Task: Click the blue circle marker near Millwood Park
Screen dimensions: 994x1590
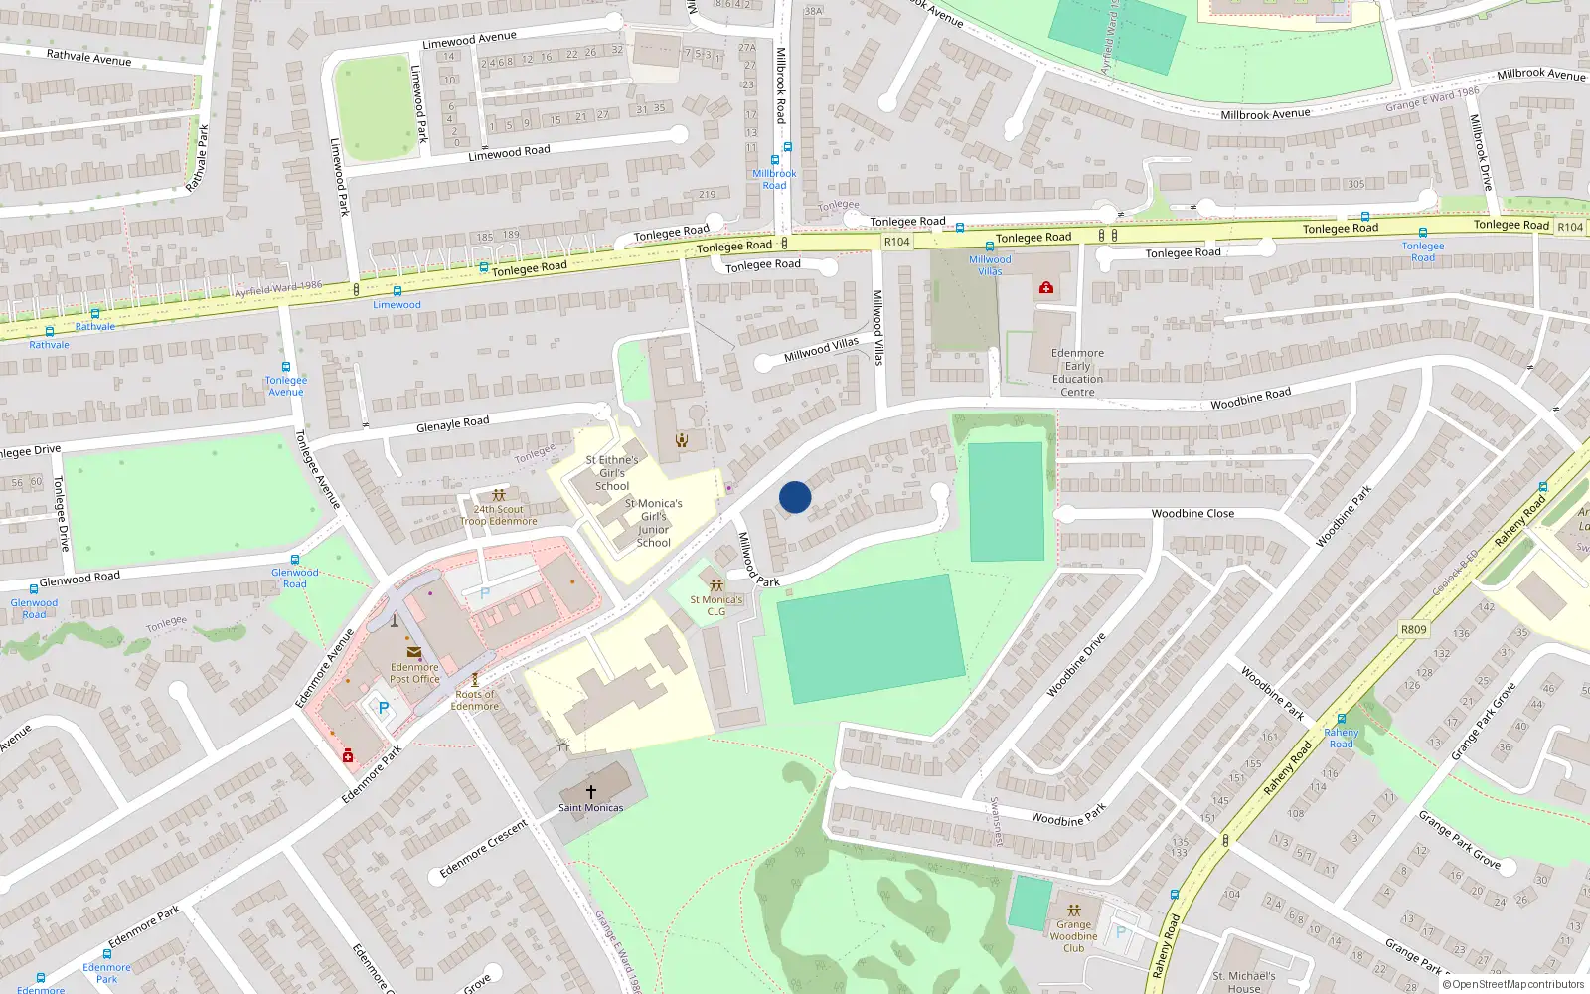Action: click(x=795, y=497)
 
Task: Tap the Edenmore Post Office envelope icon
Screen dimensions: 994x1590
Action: click(x=414, y=651)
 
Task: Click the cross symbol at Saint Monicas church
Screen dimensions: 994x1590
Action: click(x=591, y=792)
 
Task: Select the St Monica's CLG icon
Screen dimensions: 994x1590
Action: click(x=716, y=585)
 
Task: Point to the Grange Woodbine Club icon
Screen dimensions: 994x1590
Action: click(x=1073, y=910)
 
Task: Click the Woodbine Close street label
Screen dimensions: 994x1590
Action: click(x=1192, y=514)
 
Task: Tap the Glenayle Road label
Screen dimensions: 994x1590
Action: click(x=452, y=424)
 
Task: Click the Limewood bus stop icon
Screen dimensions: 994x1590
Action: click(x=397, y=291)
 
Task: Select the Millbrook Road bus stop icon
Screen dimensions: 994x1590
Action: click(x=775, y=160)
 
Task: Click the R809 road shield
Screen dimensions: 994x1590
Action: click(x=1413, y=629)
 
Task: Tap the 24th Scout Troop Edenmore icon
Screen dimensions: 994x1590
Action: click(x=499, y=494)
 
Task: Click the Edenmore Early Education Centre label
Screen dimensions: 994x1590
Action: click(x=1077, y=372)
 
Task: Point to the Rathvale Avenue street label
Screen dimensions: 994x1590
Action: click(x=88, y=58)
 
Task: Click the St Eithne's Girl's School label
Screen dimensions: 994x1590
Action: click(x=612, y=472)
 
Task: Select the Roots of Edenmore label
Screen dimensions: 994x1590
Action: click(x=475, y=700)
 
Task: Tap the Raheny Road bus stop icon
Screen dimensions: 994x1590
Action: click(x=1342, y=719)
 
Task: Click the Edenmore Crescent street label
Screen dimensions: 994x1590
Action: click(x=484, y=848)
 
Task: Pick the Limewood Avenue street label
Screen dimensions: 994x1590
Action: click(x=469, y=40)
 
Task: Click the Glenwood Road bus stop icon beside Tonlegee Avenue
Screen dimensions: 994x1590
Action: click(x=295, y=560)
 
